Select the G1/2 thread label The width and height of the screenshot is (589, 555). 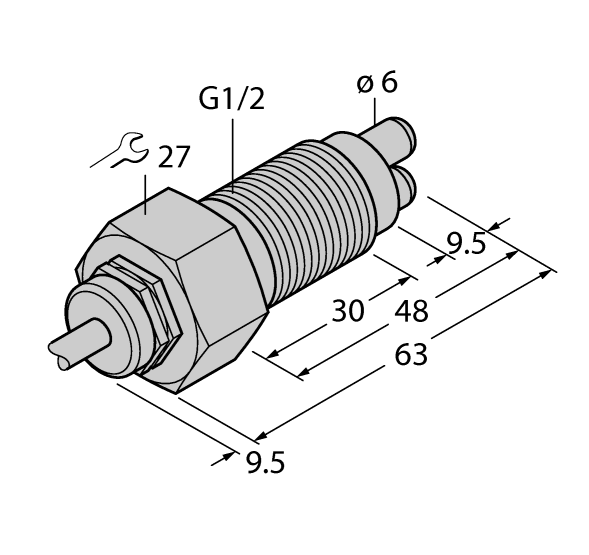click(x=232, y=100)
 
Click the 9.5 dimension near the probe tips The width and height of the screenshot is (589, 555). click(x=468, y=243)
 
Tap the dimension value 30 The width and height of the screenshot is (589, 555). click(x=347, y=311)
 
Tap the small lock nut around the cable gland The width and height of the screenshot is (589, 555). click(x=150, y=300)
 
